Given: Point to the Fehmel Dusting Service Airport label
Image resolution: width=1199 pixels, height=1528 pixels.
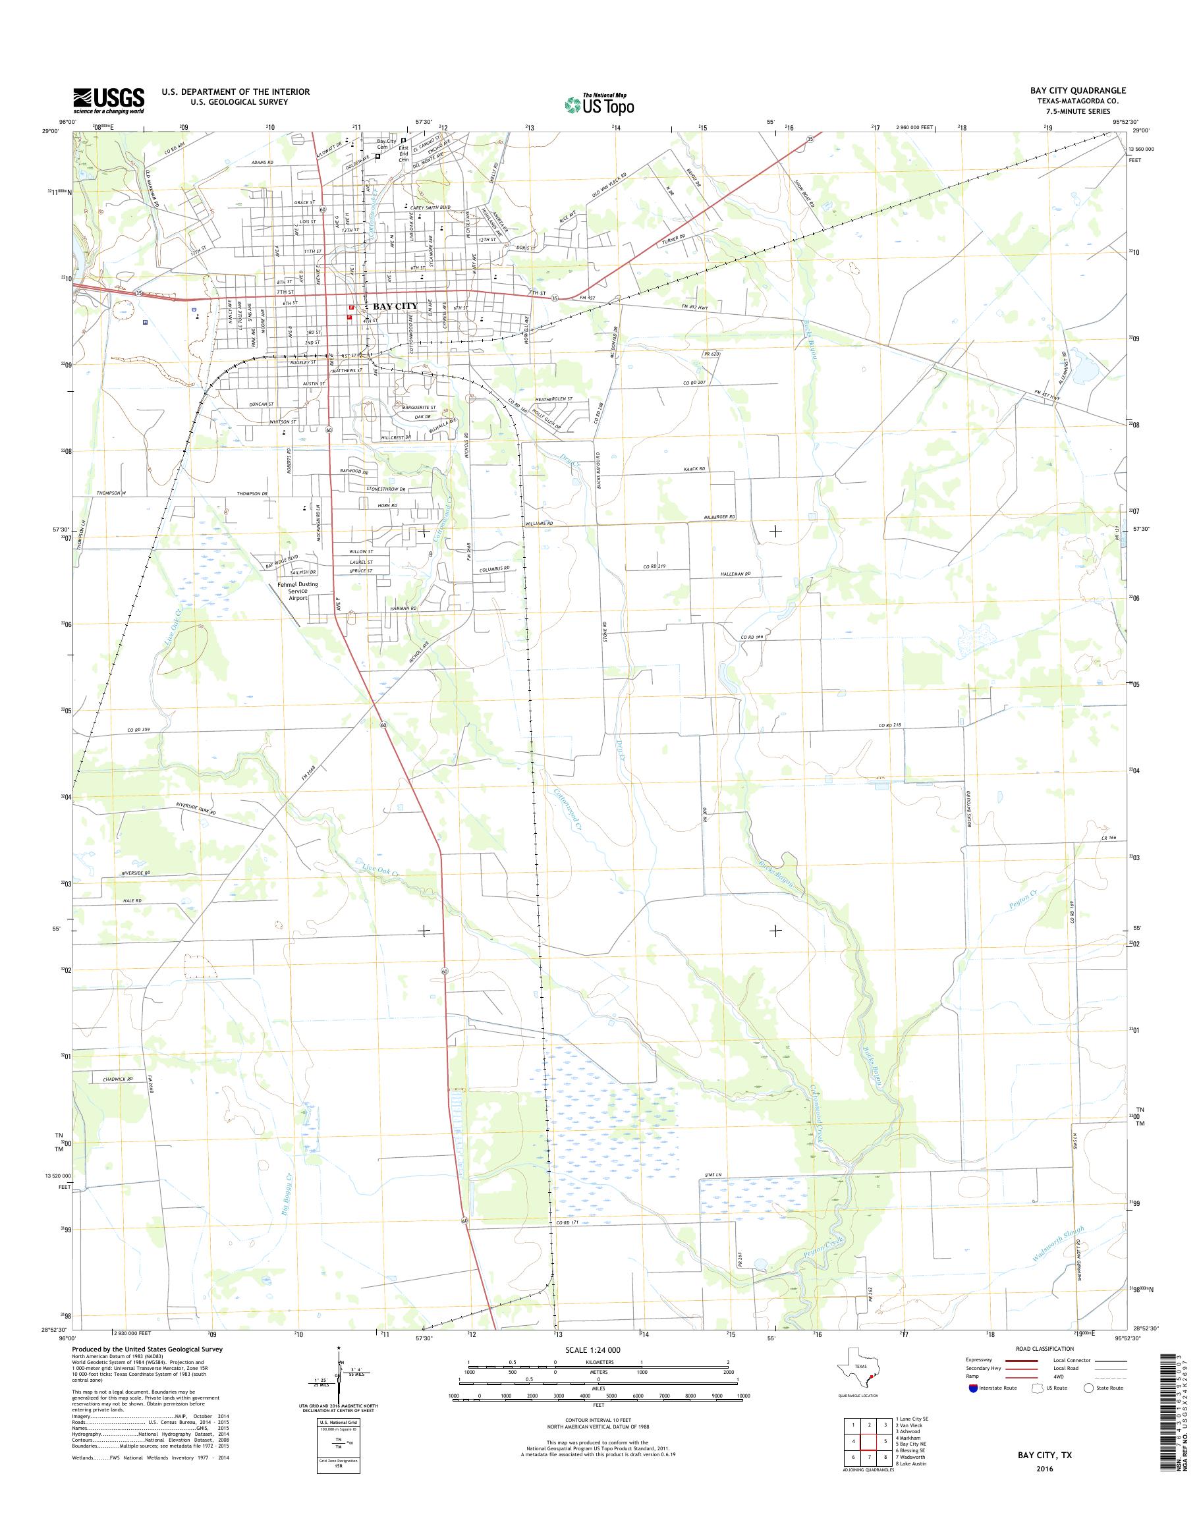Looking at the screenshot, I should tap(297, 591).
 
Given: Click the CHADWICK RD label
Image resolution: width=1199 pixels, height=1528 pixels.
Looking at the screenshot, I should tap(118, 1078).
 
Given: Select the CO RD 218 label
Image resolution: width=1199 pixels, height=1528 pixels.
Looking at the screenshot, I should tap(889, 725).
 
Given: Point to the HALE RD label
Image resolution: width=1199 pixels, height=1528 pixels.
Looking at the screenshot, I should tap(132, 900).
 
